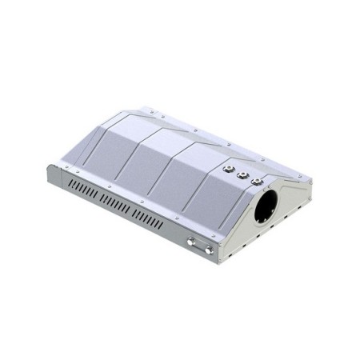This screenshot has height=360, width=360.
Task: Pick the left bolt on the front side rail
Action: coord(191,241)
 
